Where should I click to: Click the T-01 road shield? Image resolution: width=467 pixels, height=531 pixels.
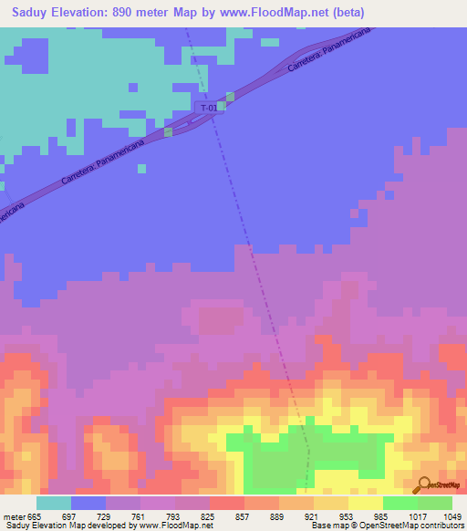tap(210, 108)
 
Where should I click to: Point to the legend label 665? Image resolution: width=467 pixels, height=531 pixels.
tap(36, 515)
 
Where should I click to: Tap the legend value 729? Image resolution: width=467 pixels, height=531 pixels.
tap(106, 515)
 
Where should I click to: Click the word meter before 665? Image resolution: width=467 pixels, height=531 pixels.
tap(14, 515)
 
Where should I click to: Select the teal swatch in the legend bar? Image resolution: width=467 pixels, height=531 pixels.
tap(54, 503)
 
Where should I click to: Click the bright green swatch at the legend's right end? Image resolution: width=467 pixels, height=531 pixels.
tap(435, 503)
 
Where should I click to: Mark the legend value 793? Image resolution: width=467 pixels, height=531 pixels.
tap(175, 515)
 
